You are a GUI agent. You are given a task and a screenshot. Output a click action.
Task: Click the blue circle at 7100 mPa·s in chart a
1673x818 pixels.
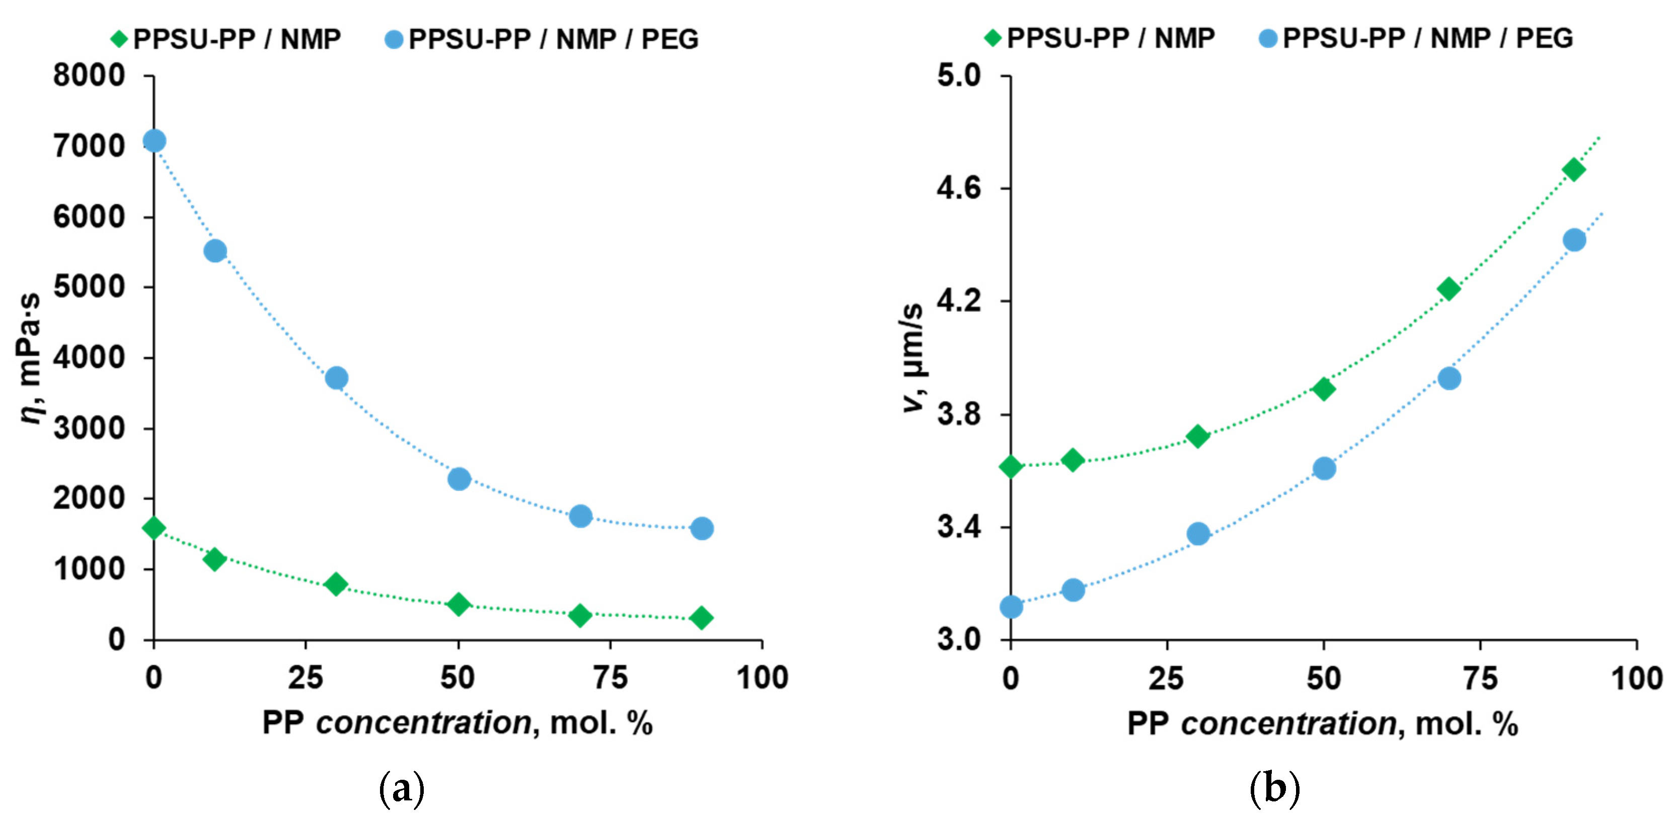154,141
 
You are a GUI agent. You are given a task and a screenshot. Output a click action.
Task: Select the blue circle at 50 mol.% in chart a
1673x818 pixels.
459,479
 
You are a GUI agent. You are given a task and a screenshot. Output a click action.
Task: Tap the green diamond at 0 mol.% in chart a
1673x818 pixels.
154,528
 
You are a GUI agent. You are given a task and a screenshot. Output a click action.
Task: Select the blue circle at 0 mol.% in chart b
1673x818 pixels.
1011,608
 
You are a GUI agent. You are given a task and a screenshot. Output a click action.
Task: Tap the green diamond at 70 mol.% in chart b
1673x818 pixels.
1449,289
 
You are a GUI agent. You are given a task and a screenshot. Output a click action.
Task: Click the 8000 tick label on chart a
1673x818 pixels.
89,76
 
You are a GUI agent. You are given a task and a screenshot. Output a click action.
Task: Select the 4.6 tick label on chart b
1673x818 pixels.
959,188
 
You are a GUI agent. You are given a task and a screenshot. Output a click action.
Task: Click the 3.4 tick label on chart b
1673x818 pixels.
959,527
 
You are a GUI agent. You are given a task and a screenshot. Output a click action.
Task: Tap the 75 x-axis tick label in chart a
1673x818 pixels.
611,678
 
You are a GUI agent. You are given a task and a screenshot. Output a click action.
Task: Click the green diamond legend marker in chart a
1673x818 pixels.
119,39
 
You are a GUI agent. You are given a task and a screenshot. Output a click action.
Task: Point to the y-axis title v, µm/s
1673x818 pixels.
912,357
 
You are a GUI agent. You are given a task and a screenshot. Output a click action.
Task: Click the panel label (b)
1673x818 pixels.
1274,788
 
